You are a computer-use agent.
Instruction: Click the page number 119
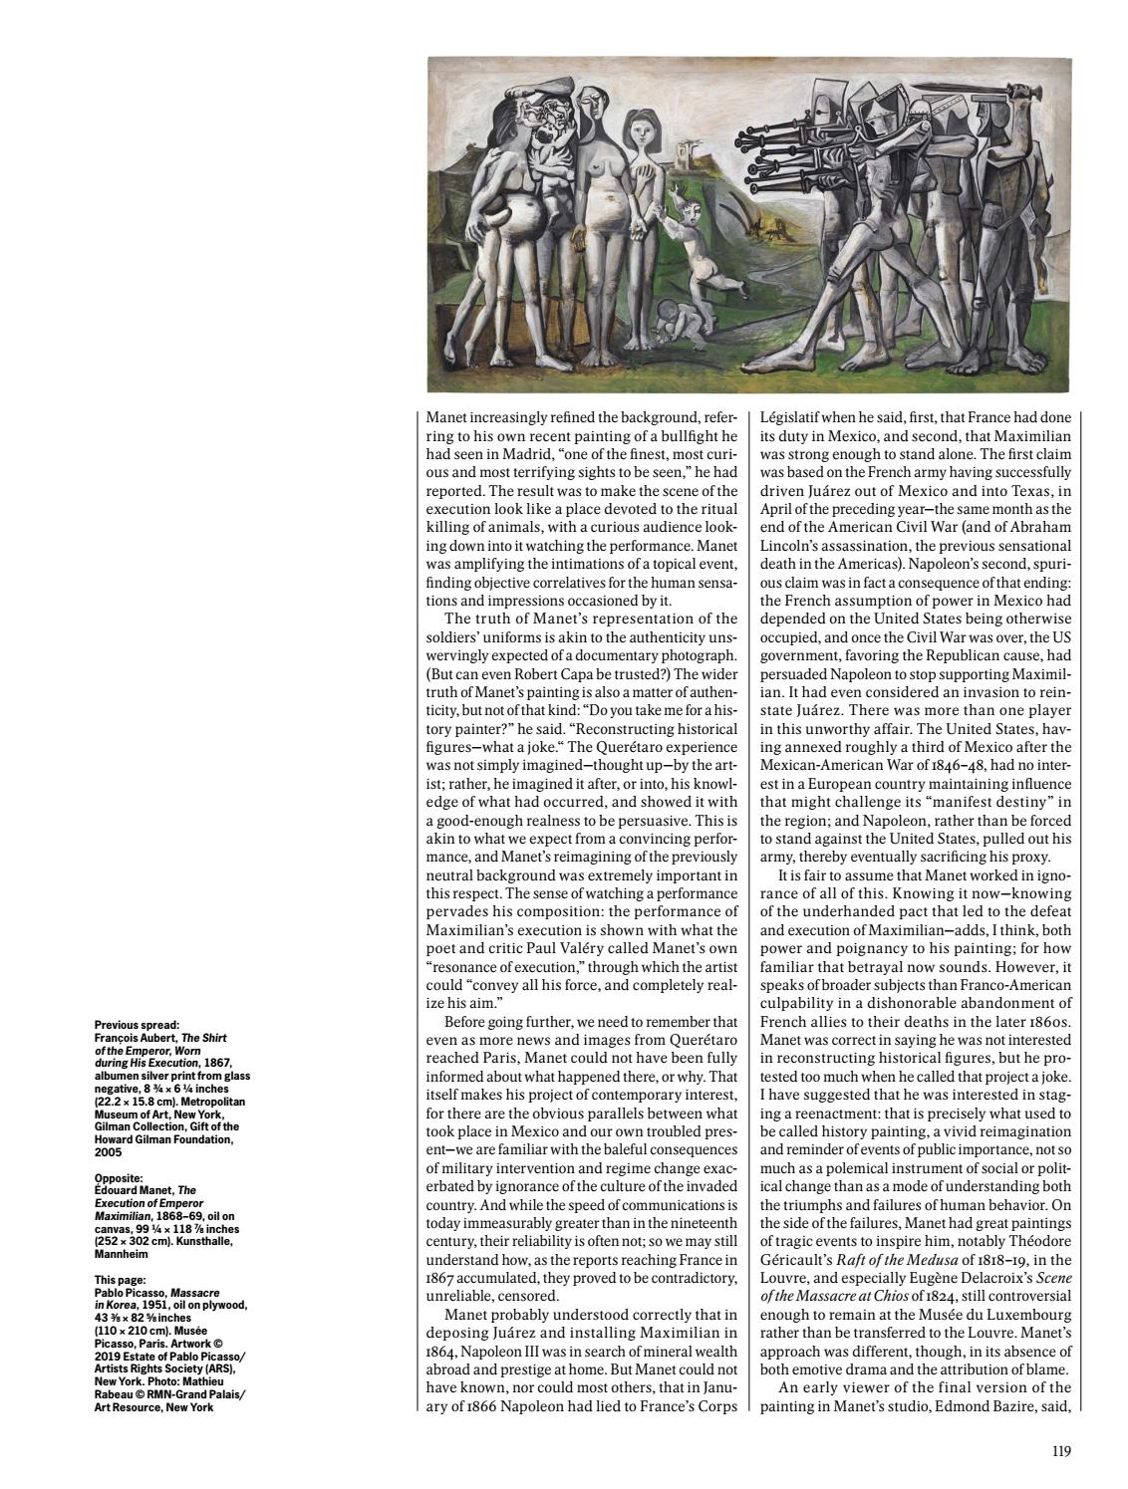1060,1451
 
